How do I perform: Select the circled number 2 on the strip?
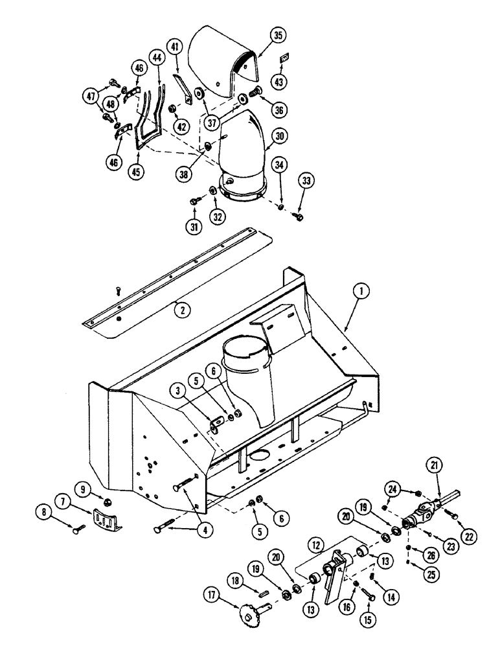tap(183, 310)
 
